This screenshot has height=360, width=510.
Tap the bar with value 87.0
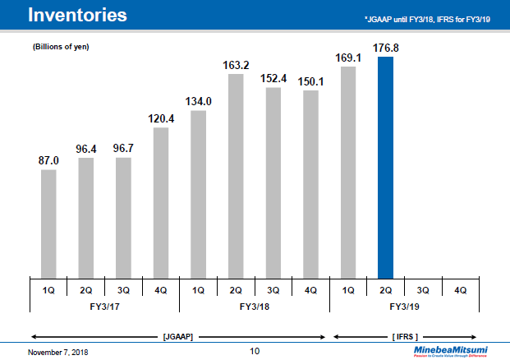coord(48,223)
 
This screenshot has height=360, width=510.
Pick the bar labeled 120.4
coord(161,202)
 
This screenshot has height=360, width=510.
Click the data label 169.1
coord(347,58)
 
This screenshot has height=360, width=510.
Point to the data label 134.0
coord(198,101)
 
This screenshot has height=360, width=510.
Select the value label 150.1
coord(310,81)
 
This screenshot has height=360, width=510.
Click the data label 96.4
coord(86,148)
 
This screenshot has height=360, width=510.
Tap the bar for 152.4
coord(273,182)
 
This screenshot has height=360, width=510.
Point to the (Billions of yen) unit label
coord(61,47)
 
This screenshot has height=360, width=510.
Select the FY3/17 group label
coord(104,305)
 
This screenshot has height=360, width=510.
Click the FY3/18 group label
coord(255,305)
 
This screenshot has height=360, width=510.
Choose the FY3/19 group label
coord(404,305)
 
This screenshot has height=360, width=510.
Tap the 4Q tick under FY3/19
coord(460,289)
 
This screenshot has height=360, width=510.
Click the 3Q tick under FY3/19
coord(423,289)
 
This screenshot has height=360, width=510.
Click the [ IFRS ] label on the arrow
coord(405,336)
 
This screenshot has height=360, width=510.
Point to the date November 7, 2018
coord(57,352)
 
